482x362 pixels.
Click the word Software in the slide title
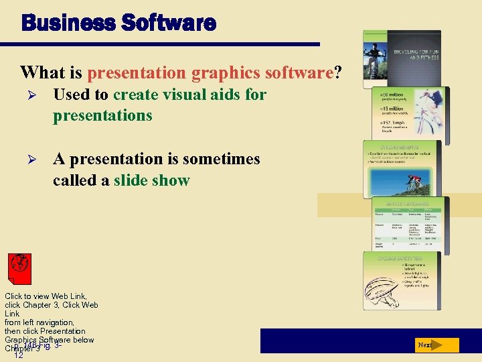pos(169,23)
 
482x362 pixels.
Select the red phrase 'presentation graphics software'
pos(210,72)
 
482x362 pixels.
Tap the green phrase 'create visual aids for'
pos(189,95)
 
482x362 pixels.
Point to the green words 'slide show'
pos(152,180)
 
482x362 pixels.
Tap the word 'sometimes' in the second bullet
pos(224,159)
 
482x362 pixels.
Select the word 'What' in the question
pos(39,72)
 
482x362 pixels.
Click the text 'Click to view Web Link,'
pos(46,296)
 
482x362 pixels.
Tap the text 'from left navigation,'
pos(39,322)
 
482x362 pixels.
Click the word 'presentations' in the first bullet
pos(102,115)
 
